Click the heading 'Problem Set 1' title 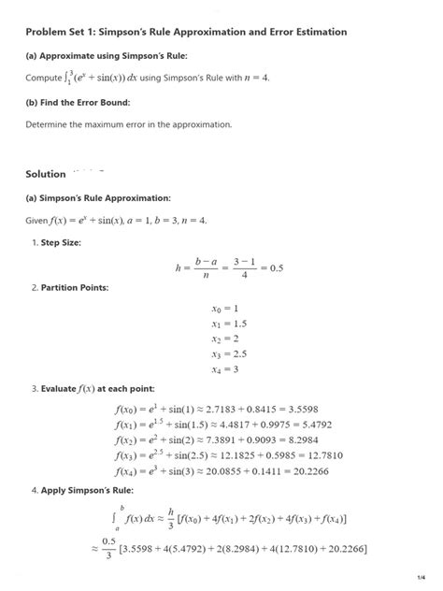[x=186, y=32]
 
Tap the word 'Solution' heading [x=46, y=174]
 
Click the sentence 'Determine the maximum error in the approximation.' [x=128, y=124]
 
